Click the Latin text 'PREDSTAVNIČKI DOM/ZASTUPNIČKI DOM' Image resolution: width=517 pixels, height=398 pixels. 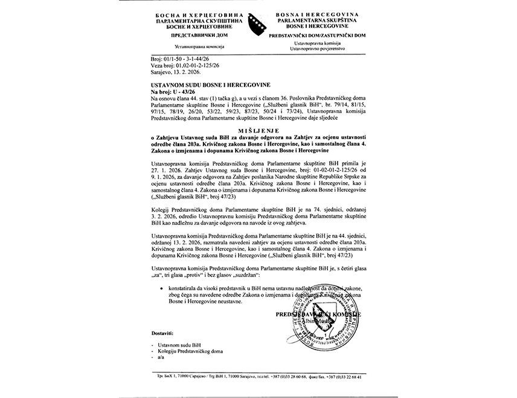322,36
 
